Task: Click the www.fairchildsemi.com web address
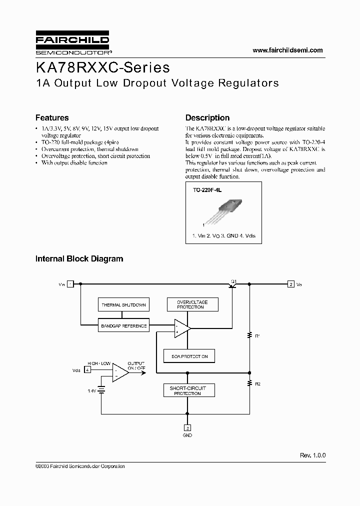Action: coord(287,50)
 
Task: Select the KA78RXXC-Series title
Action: coord(102,67)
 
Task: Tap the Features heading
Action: coord(52,118)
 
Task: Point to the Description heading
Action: coord(207,118)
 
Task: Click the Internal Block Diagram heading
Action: coord(79,259)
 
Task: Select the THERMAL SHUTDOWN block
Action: coord(123,304)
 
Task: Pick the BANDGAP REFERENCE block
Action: coord(123,326)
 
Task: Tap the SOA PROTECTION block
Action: coord(189,356)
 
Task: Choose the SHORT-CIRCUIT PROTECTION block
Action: coord(187,390)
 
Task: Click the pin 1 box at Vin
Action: coord(70,284)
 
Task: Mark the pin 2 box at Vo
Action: coord(290,284)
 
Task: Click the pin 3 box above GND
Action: coord(187,428)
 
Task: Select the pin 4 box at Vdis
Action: coord(87,370)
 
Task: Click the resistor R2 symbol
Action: coord(249,384)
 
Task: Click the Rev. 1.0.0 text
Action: coord(312,455)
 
